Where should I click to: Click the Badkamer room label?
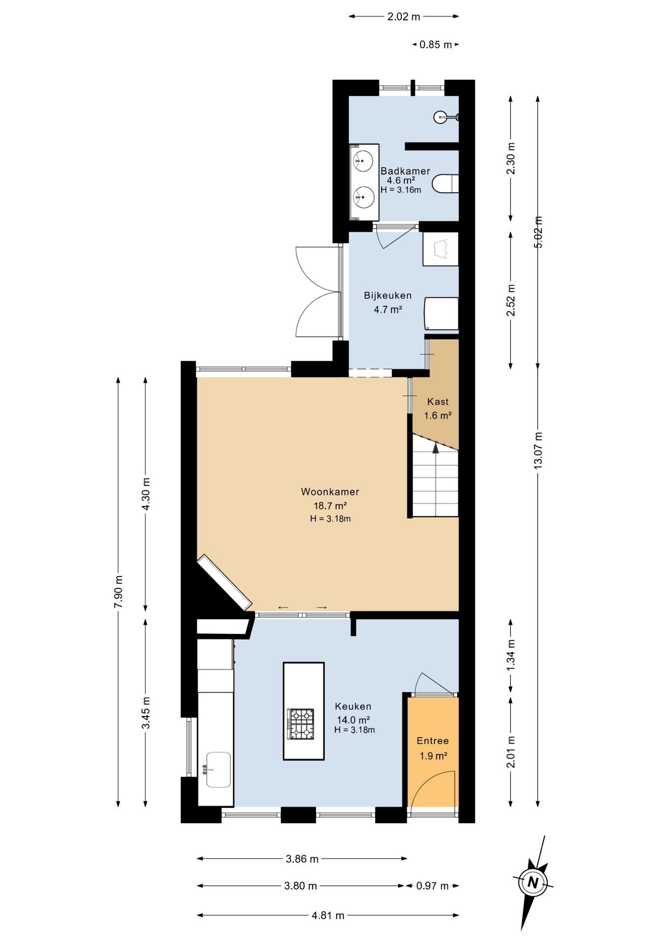pos(405,171)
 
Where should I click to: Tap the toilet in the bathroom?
pos(446,184)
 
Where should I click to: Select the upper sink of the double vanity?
pos(363,161)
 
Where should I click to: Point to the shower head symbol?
pos(441,117)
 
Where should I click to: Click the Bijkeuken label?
pos(388,295)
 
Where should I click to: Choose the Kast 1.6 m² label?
pos(438,409)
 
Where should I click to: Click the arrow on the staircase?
pos(435,447)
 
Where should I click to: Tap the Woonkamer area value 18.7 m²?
pos(330,505)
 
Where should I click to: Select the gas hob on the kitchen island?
pos(301,724)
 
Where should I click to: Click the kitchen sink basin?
pos(218,769)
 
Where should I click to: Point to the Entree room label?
pos(432,741)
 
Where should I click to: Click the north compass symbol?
pos(533,883)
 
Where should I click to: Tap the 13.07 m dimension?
pos(538,450)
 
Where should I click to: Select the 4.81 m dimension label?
pos(328,915)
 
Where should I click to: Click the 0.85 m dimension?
pos(435,45)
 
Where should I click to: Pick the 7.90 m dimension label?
pos(119,591)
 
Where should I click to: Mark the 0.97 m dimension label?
pos(432,886)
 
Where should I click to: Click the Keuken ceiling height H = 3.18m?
pos(354,730)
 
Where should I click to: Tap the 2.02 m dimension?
pos(403,17)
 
